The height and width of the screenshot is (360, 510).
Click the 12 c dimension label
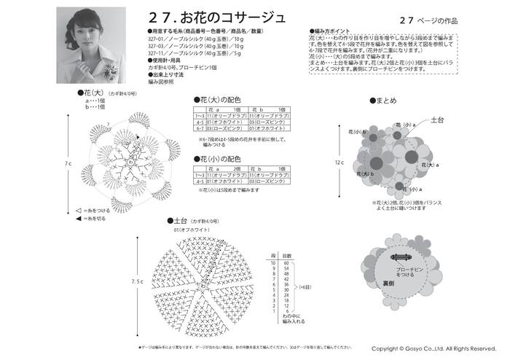pyautogui.click(x=339, y=163)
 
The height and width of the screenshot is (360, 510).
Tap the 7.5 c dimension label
pyautogui.click(x=137, y=281)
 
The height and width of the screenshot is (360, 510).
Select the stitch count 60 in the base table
pyautogui.click(x=286, y=262)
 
